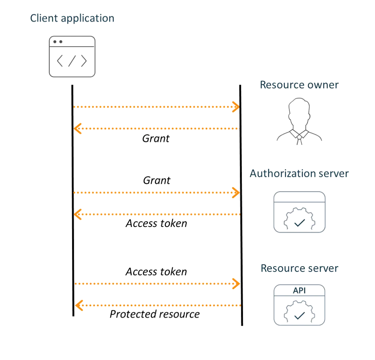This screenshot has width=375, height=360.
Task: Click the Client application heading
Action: (x=72, y=18)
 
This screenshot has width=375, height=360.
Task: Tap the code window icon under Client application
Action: (x=72, y=57)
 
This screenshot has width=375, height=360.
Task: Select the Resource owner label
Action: (x=299, y=85)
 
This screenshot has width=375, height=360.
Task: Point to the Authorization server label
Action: (x=299, y=173)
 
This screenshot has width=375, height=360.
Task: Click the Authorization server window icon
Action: (x=299, y=213)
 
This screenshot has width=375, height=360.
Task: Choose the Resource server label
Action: (x=299, y=268)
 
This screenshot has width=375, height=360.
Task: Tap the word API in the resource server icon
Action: (x=299, y=291)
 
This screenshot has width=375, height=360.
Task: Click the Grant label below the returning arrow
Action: (x=156, y=139)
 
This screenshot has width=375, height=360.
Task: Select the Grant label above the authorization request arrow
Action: (x=156, y=181)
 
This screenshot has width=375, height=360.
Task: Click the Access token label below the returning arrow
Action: (x=157, y=223)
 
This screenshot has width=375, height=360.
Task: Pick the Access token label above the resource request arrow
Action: (x=157, y=272)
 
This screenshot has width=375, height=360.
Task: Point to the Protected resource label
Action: (x=155, y=314)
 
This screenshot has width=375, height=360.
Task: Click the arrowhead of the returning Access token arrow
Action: (x=78, y=214)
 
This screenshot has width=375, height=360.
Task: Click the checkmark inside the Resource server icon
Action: (x=299, y=316)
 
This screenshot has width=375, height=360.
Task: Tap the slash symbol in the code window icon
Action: (x=72, y=61)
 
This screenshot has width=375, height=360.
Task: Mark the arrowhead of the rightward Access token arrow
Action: (x=235, y=284)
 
